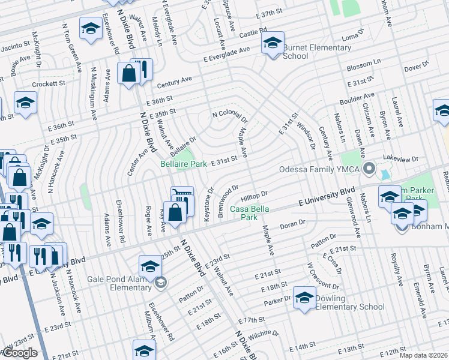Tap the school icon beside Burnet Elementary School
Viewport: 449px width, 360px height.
coord(273,43)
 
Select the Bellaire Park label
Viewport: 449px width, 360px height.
coord(182,163)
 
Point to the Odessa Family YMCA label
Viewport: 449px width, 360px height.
coord(319,169)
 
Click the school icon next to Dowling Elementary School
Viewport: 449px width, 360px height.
coord(304,298)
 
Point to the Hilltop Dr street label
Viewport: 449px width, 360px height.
coord(254,197)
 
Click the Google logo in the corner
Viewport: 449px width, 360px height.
coord(20,353)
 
